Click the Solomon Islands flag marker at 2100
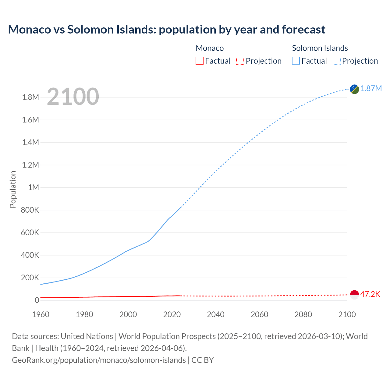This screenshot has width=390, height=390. pos(354,89)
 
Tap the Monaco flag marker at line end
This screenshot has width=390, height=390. pos(354,295)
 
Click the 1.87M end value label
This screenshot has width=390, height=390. pos(371,88)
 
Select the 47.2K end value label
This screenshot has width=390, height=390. pos(370,294)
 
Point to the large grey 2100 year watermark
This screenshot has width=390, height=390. pos(73,97)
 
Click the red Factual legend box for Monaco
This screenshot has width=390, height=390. pos(199,61)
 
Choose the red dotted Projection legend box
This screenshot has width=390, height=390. pos(240,61)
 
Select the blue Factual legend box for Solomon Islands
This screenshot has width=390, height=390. pos(296,61)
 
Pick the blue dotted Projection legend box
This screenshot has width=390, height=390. pos(336,61)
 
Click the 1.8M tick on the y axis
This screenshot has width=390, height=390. pos(30,97)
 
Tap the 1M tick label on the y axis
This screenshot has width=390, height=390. pos(34,187)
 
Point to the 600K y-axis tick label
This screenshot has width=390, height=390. pos(30,232)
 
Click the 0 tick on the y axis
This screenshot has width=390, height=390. pos(37,300)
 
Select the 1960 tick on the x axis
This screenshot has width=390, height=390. pos(41,314)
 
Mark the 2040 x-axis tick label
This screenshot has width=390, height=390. pos(216,314)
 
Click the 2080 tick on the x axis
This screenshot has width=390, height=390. pos(303,314)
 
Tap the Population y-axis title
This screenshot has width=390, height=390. pos(13,189)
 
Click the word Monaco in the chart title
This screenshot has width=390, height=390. pos(29,30)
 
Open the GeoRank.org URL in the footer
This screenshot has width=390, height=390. pos(99,360)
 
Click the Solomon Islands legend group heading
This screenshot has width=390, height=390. pos(320,48)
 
